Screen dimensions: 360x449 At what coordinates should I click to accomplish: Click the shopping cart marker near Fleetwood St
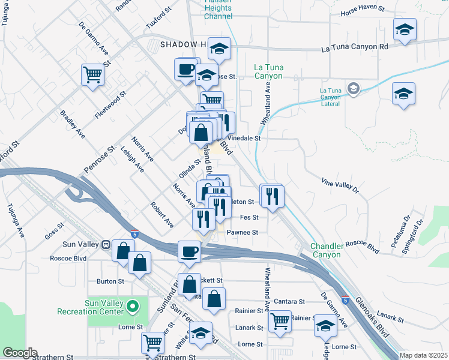coord(92,75)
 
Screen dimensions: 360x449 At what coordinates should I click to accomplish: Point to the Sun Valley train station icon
coord(106,245)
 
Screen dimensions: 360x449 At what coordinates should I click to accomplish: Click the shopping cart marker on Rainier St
coord(280,321)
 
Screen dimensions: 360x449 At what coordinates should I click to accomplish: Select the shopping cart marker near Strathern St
coord(152,343)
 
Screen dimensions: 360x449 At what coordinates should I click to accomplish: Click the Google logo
coord(19,353)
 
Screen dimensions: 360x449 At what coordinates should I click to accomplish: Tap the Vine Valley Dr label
coord(339,185)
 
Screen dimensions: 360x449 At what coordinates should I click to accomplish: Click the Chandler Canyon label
coord(325,251)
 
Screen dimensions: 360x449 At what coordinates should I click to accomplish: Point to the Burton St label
coord(110,281)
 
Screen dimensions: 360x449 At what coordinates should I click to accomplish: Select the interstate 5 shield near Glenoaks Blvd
coord(345,299)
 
